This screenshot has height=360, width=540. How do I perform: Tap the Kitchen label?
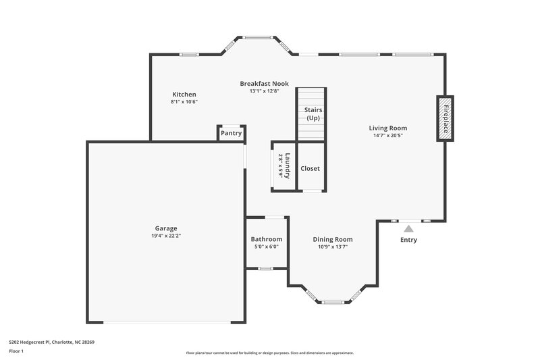(184, 94)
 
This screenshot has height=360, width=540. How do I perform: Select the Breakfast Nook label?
(264, 84)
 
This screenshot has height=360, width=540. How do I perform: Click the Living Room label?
(387, 128)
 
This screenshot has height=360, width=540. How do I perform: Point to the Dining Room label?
(332, 239)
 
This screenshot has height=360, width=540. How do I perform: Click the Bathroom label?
(266, 239)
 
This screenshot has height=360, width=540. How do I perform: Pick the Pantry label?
(231, 133)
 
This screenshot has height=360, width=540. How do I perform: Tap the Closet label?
(310, 168)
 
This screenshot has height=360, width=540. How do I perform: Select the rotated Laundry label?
(288, 165)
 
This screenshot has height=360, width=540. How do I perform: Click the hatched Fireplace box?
(446, 118)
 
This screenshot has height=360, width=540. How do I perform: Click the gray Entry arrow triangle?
(408, 229)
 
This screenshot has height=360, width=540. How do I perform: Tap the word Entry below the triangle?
(408, 240)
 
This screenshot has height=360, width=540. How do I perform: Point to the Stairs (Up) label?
(313, 113)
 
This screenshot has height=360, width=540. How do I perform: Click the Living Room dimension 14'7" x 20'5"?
(387, 136)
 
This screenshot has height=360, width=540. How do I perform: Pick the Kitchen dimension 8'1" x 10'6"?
(184, 102)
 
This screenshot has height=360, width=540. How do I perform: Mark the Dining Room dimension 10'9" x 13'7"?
(332, 247)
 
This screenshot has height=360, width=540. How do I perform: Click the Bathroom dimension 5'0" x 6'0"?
(266, 247)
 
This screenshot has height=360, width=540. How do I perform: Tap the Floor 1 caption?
(16, 352)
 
